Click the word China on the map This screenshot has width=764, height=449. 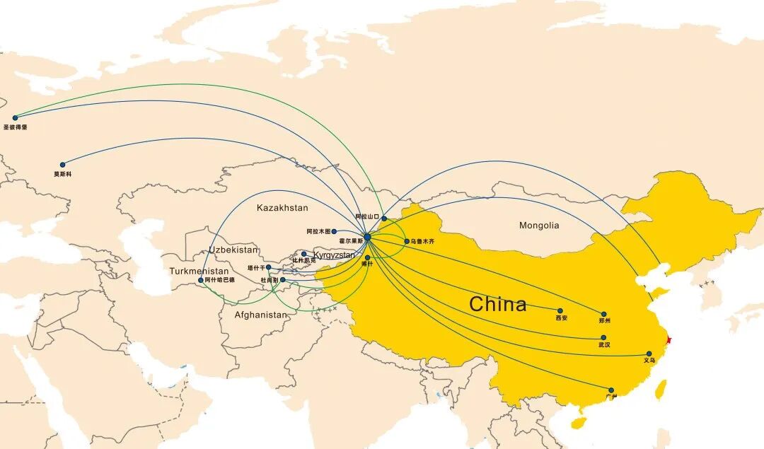[x=498, y=304]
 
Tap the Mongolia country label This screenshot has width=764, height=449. [x=539, y=226]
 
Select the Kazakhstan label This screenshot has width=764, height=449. [x=282, y=208]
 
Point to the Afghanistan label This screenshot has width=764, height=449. [x=261, y=315]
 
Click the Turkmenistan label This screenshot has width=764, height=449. [x=199, y=272]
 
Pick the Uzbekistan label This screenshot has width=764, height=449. [x=233, y=250]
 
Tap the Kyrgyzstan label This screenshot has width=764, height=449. [x=334, y=255]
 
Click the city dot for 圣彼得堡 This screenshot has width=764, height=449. [x=15, y=118]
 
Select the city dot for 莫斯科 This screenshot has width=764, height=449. [x=62, y=165]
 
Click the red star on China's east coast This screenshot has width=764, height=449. [x=668, y=341]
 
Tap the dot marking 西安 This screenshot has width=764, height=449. [x=560, y=311]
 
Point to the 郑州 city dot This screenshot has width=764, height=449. [x=603, y=314]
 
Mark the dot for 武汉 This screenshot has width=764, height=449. [x=603, y=338]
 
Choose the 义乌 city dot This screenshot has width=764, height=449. [x=649, y=354]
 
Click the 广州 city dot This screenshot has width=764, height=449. [x=611, y=390]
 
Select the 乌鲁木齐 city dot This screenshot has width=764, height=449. [x=407, y=241]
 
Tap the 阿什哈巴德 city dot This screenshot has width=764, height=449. [x=201, y=280]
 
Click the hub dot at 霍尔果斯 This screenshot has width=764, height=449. [x=367, y=237]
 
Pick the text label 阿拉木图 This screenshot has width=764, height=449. [x=318, y=231]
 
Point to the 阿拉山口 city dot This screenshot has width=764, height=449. [x=384, y=218]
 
